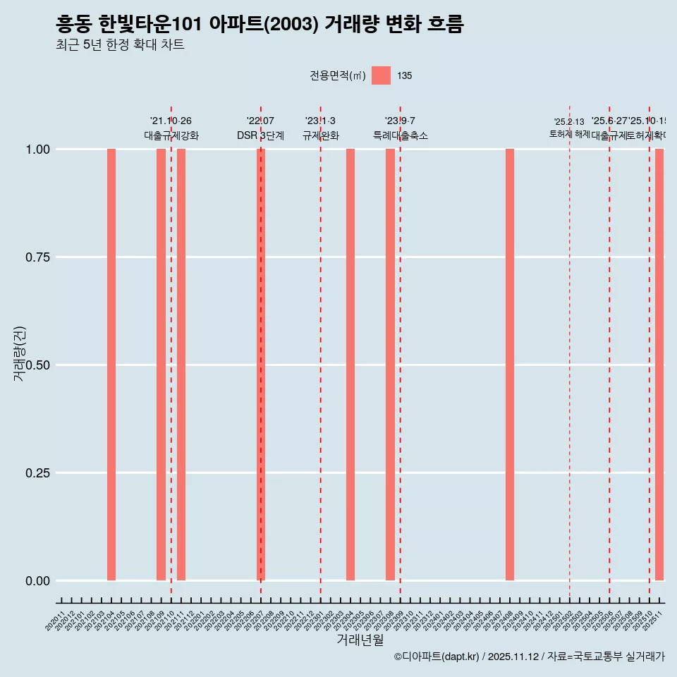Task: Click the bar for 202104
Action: coord(111,365)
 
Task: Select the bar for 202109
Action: coord(161,365)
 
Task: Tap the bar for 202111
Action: coord(181,365)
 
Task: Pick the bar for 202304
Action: coord(350,365)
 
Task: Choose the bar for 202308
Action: coord(390,365)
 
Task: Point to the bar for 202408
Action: coord(510,365)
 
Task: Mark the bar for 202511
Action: coord(659,365)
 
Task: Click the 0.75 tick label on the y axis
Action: coord(37,257)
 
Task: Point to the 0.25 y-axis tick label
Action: coord(37,473)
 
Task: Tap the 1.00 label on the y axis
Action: coord(37,150)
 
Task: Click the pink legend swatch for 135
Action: coord(381,75)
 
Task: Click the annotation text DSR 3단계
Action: coord(260,135)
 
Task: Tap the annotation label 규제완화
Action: coord(321,135)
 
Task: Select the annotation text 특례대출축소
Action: coord(401,135)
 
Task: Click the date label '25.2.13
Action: coord(569,122)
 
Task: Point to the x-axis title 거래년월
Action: coord(360,640)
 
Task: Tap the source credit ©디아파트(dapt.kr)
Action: coord(437,657)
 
